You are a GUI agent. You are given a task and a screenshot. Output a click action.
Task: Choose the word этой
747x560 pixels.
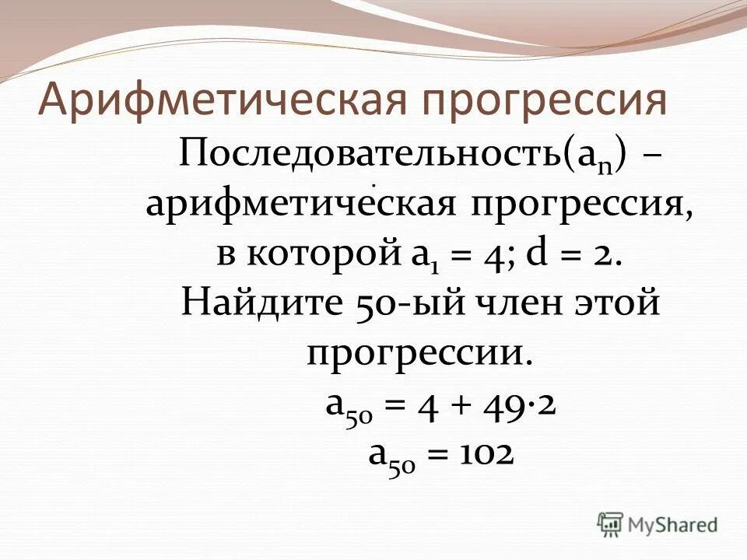tap(619, 303)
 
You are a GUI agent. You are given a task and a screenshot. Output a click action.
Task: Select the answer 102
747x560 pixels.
tap(485, 453)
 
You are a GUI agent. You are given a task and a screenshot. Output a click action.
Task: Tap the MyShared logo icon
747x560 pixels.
tap(611, 524)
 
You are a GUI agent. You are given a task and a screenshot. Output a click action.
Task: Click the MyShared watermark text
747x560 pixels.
tap(673, 525)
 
